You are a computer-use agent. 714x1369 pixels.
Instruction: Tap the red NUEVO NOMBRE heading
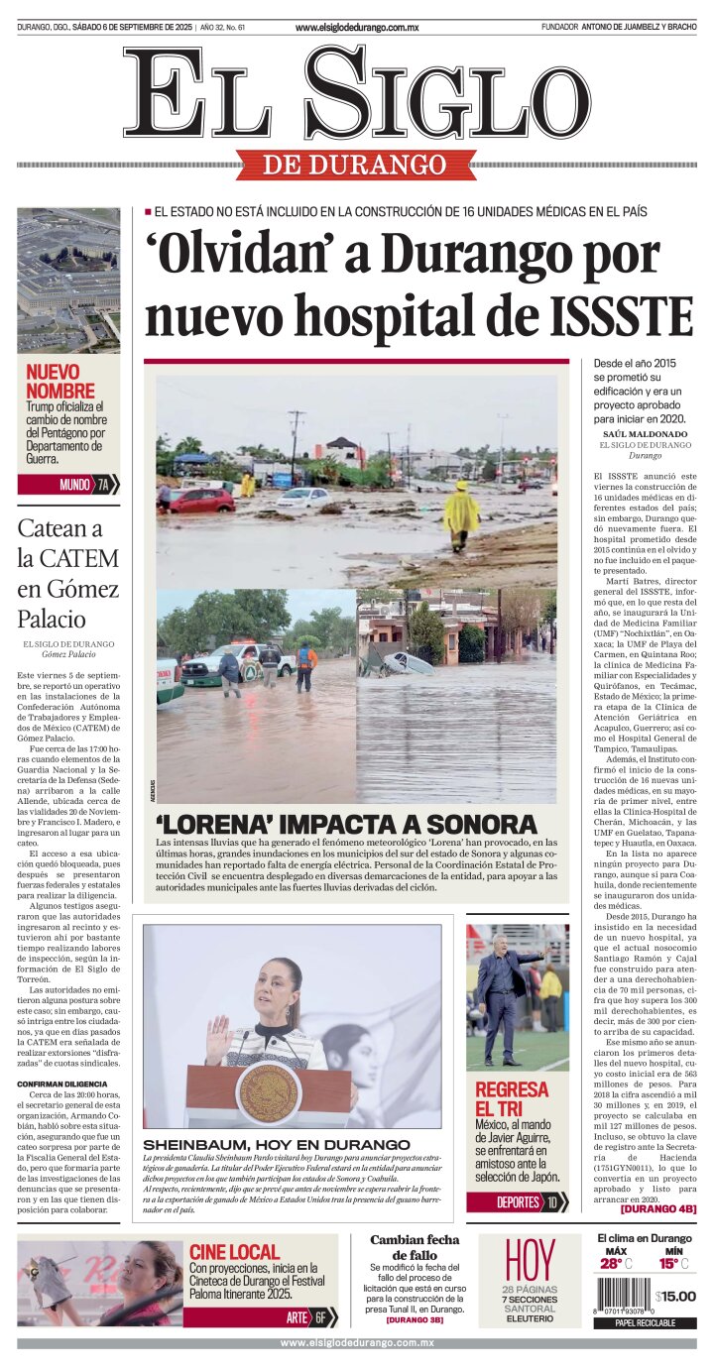point(60,382)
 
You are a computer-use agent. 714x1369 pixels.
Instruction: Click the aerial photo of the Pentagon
point(68,281)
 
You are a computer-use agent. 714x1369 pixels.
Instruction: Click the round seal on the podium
point(268,1093)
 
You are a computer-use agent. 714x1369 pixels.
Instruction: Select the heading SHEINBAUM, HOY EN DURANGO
point(277,1144)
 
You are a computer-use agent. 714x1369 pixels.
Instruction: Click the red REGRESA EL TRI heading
point(511,1098)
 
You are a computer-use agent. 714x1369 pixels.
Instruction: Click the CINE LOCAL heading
point(234,1252)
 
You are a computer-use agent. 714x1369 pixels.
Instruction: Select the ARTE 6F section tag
point(308,1317)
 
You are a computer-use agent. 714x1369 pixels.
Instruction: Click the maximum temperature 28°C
point(615,1264)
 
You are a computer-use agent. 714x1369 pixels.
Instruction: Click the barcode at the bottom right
point(623,1296)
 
